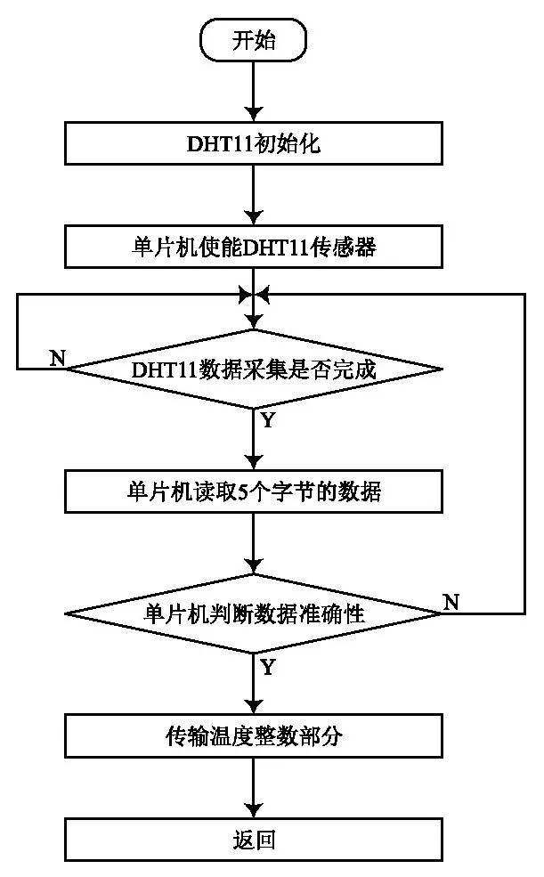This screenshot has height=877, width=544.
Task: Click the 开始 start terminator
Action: coord(256,42)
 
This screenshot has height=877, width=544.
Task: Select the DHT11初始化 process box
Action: coord(255,143)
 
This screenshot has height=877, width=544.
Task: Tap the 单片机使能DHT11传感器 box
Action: coord(255,246)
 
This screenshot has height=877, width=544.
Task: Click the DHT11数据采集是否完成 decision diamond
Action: coord(255,369)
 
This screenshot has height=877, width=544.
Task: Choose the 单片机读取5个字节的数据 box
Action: coord(255,491)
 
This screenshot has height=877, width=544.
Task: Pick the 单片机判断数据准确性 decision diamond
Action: coord(255,613)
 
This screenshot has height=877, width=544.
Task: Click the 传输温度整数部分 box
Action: coord(255,736)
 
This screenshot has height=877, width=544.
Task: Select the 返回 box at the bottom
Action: coord(255,839)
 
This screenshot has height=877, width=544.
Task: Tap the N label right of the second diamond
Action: coord(451,602)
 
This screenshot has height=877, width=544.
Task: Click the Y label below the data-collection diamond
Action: coord(267,420)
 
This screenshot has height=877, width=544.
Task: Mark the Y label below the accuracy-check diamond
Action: coord(267,666)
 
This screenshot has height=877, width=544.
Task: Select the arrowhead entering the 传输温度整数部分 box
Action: coord(256,708)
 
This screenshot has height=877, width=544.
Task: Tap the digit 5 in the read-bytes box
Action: coord(246,491)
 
